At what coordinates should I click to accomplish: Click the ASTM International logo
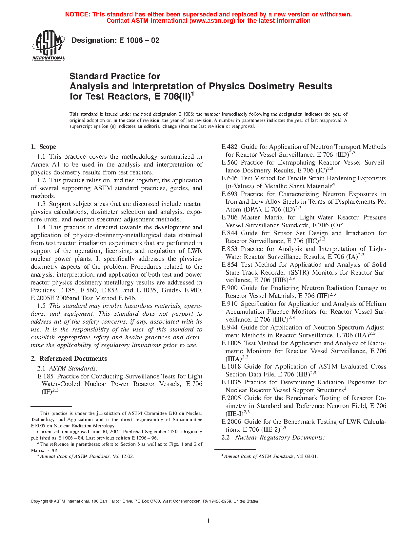[x=49, y=46]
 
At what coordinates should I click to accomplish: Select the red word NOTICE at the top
[x=77, y=14]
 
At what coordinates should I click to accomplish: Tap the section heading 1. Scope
[x=43, y=147]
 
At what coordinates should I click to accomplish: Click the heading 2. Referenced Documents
[x=69, y=358]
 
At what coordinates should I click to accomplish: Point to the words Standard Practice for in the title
[x=115, y=76]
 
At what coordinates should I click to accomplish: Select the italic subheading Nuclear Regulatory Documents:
[x=280, y=438]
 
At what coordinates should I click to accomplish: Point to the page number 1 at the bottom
[x=209, y=520]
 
